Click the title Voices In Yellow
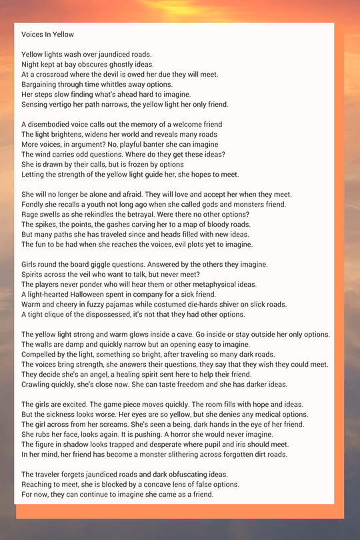pos(47,34)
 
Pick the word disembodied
pos(57,125)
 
